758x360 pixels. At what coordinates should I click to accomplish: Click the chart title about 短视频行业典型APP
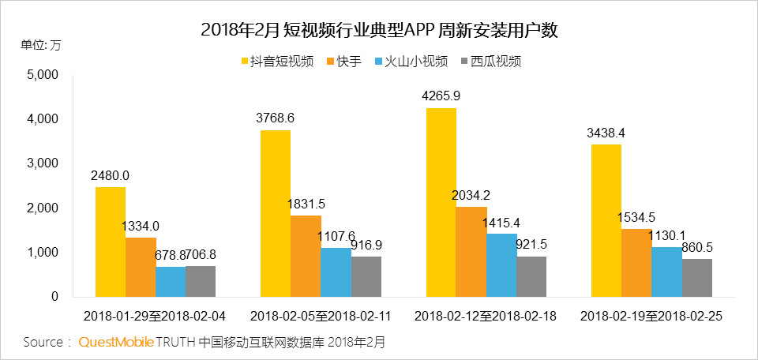380,31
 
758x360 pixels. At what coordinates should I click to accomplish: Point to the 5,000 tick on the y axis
43,75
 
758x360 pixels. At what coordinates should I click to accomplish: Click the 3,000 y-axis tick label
43,163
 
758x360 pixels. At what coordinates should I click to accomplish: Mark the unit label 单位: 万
40,45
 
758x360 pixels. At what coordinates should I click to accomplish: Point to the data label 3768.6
276,118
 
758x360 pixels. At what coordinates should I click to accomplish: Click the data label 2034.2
472,195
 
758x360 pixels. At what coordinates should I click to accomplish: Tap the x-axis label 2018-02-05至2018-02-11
320,317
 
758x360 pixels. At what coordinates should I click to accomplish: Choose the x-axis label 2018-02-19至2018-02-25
651,317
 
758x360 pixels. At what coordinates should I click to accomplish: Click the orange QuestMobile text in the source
114,343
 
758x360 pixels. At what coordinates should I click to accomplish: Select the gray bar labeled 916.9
366,276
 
